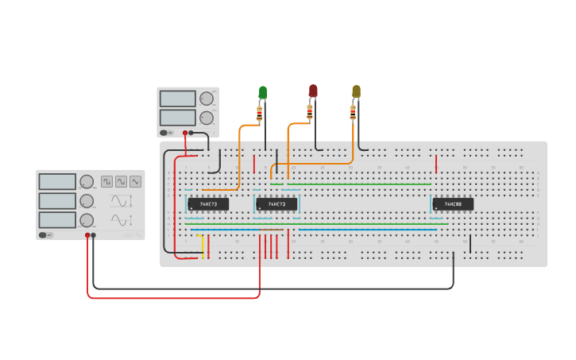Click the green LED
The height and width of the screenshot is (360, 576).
point(263,93)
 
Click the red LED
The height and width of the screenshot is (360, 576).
point(313,91)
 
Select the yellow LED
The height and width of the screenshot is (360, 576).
point(356,91)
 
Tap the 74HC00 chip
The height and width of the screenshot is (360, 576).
point(453,204)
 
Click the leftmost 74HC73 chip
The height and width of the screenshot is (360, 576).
point(208,204)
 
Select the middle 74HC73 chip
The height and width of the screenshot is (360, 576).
point(276,204)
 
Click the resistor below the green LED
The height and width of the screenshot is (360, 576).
point(260,114)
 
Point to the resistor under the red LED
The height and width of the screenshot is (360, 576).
point(310,111)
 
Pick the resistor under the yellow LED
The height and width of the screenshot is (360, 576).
point(353,112)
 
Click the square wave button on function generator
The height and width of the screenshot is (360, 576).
point(107,181)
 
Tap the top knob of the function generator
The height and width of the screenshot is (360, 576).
point(86,182)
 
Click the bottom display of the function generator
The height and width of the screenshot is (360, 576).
point(57,220)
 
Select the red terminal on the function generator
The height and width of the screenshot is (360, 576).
point(87,235)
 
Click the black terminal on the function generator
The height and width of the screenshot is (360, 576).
point(94,235)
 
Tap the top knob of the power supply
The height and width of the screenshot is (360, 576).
point(207,99)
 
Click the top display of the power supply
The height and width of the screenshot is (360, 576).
point(177,99)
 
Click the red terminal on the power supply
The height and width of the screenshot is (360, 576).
point(185,133)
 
